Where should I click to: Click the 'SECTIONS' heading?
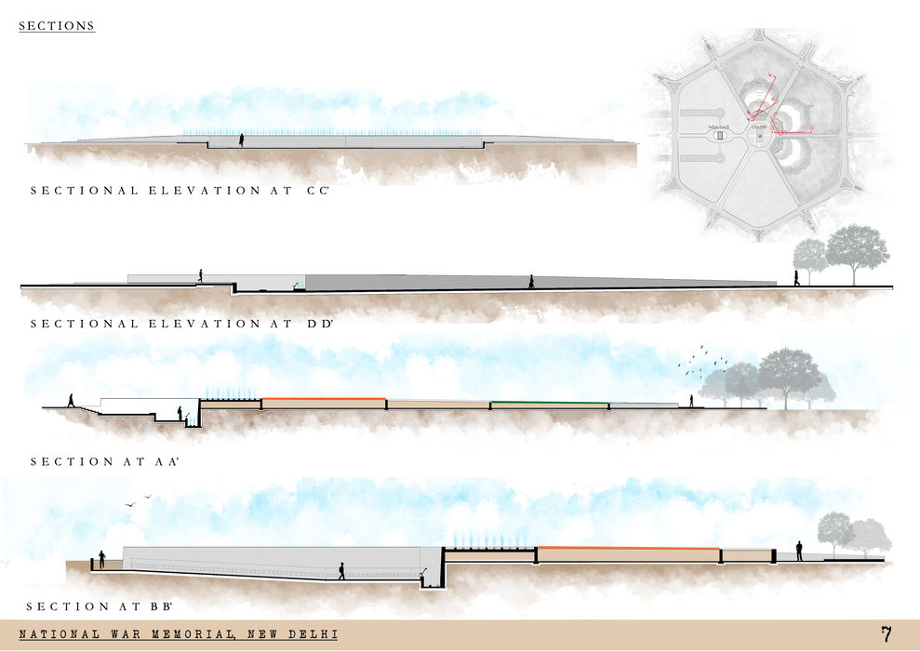57,26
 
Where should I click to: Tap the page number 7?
887,635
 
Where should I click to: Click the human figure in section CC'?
242,139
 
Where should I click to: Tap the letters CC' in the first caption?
323,191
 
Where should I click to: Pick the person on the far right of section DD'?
796,278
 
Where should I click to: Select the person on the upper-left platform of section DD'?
199,275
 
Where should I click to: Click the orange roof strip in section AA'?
324,399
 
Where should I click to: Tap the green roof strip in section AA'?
550,403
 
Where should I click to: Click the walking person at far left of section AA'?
70,401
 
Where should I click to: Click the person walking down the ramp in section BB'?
341,571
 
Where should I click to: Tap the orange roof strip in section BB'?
629,548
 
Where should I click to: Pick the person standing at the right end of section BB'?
799,551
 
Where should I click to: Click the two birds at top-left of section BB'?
138,502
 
